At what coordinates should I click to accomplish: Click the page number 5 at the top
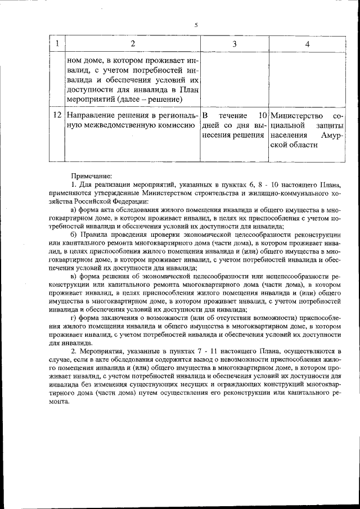pyautogui.click(x=196, y=25)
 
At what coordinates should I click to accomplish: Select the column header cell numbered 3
pyautogui.click(x=233, y=44)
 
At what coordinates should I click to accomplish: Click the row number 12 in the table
pyautogui.click(x=57, y=115)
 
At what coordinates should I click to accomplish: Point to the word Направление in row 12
pyautogui.click(x=91, y=115)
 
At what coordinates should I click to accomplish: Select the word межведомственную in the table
pyautogui.click(x=118, y=125)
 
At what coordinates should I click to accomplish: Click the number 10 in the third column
pyautogui.click(x=260, y=115)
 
